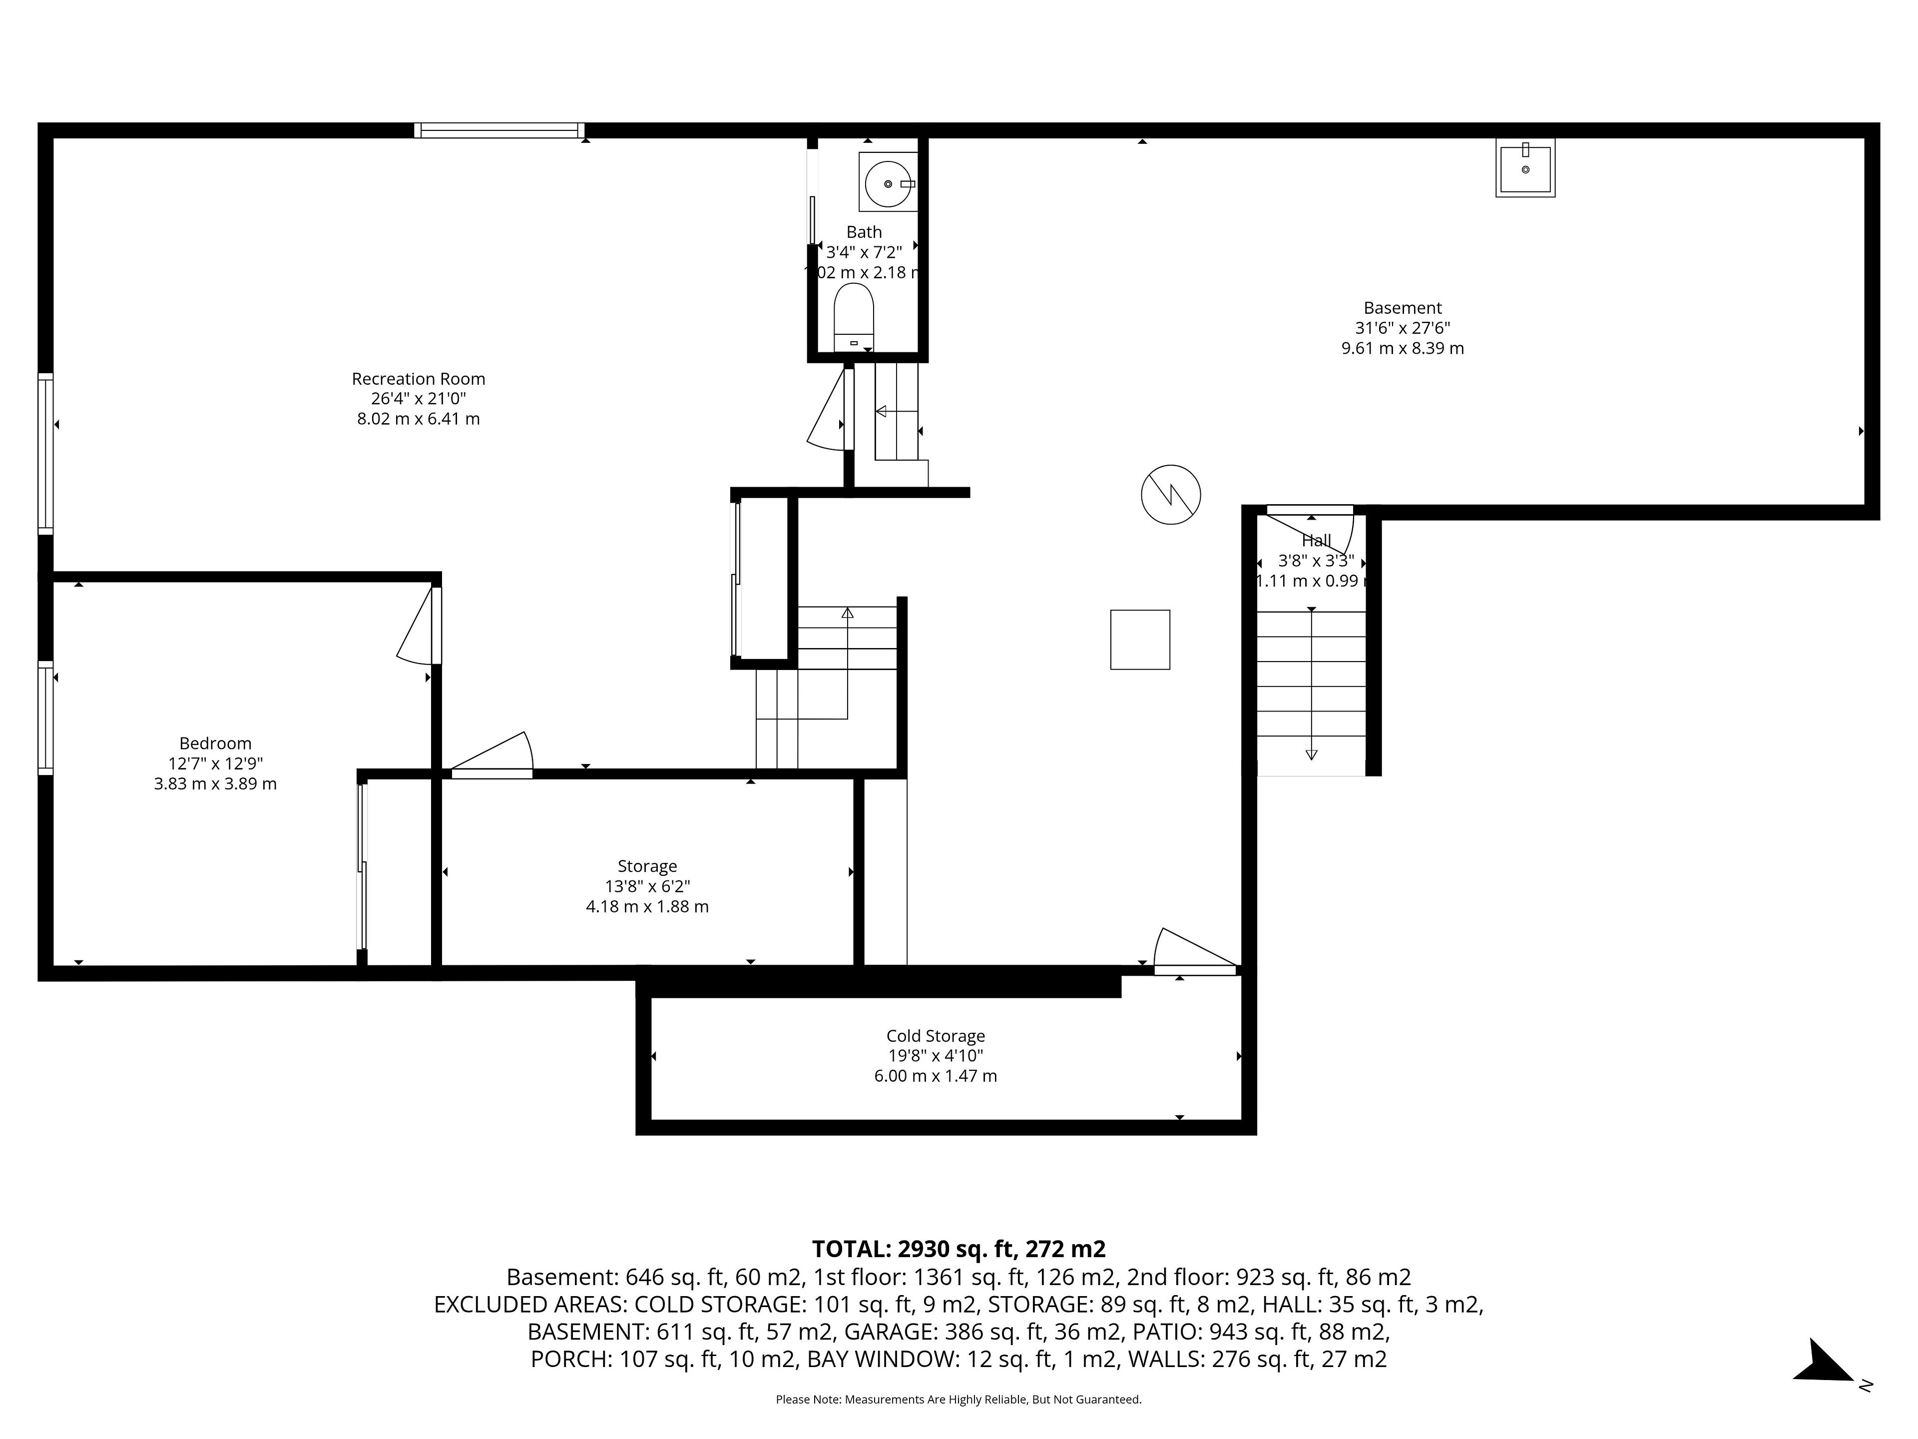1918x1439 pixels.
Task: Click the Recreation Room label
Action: pos(418,379)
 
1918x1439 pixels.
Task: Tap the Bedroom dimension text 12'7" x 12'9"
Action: pos(215,763)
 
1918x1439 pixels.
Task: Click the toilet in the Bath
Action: pos(854,317)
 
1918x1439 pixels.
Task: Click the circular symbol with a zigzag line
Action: pos(1171,495)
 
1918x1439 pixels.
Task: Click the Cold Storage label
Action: pos(936,1036)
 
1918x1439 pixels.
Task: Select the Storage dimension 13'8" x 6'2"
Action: pos(648,886)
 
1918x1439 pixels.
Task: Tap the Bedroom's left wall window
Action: pos(45,718)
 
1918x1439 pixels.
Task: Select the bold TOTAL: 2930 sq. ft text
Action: pos(913,1249)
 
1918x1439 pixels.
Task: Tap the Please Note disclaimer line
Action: pos(958,1399)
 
